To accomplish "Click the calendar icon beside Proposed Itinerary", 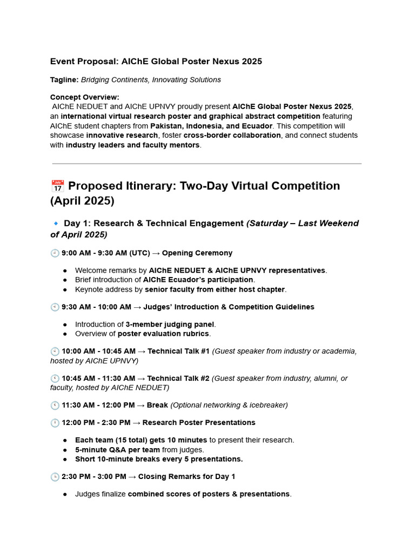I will pos(57,186).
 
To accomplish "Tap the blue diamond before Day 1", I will pos(56,224).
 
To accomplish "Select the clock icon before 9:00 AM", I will pos(55,253).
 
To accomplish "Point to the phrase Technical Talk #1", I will pos(178,351).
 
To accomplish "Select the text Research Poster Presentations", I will pos(199,422).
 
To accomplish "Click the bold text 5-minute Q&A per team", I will pos(117,449).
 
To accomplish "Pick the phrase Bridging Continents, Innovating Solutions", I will pos(151,79).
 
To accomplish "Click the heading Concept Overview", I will pos(84,97).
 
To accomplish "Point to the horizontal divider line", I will pos(207,164).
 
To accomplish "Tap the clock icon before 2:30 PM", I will pos(55,476).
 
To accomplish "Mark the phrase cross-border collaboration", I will pos(232,135).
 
